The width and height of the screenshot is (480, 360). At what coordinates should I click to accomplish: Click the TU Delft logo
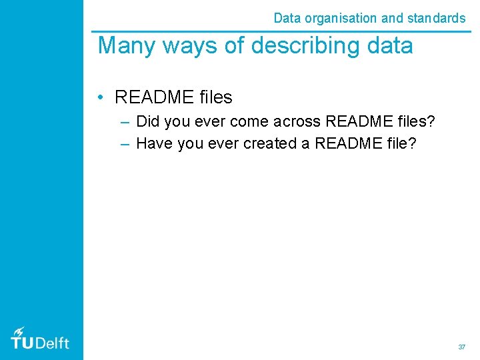(x=40, y=339)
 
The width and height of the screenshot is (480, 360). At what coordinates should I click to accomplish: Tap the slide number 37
(x=461, y=347)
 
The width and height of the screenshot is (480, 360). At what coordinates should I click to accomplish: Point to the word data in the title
(x=387, y=46)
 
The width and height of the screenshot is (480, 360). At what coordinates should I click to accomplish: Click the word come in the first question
(x=249, y=121)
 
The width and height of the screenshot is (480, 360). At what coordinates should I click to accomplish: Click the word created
(x=275, y=143)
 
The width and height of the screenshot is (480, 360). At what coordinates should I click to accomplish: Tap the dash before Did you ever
(x=126, y=122)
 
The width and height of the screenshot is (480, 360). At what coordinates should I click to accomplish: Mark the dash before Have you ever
(x=126, y=143)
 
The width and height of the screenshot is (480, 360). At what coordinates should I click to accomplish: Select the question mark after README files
(x=430, y=121)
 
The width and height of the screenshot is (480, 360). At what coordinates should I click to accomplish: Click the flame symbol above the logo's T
(x=19, y=331)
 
